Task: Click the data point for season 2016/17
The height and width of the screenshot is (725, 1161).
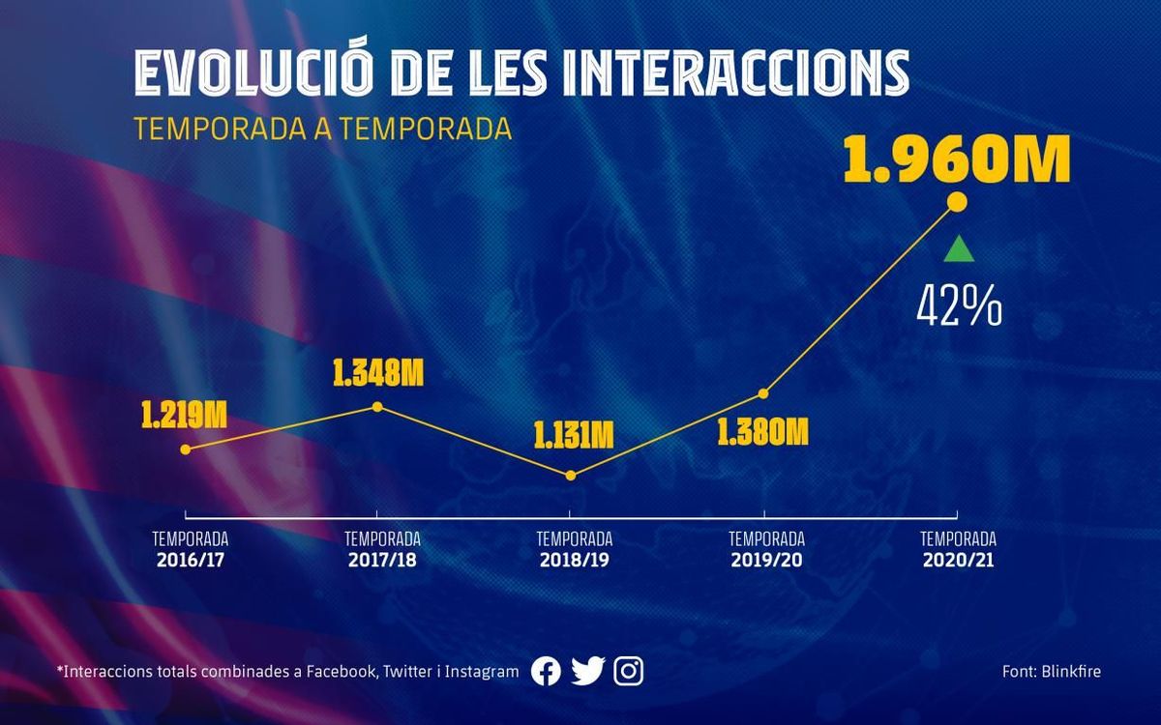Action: coord(186,449)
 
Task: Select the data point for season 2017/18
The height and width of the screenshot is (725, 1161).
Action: coord(377,407)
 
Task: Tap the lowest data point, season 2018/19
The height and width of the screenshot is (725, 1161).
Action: coord(571,475)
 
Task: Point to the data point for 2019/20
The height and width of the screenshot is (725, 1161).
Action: coord(763,393)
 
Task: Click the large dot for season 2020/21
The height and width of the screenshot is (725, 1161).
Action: coord(957,201)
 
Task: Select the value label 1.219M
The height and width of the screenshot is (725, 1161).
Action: coord(184,417)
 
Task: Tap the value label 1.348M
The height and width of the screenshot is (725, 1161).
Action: coord(378,373)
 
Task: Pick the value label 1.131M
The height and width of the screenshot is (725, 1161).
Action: coord(574,435)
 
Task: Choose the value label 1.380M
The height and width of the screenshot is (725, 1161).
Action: coord(762,431)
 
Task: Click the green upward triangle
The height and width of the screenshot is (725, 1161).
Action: coord(958,249)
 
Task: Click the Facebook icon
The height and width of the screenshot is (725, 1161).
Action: coord(546,671)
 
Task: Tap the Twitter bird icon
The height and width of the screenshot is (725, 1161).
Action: coord(587,671)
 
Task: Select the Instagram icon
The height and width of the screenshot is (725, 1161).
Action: coord(629,671)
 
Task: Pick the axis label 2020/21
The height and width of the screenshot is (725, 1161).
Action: coord(958,559)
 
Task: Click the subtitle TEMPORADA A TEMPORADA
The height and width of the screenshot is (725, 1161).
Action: coord(323,129)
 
